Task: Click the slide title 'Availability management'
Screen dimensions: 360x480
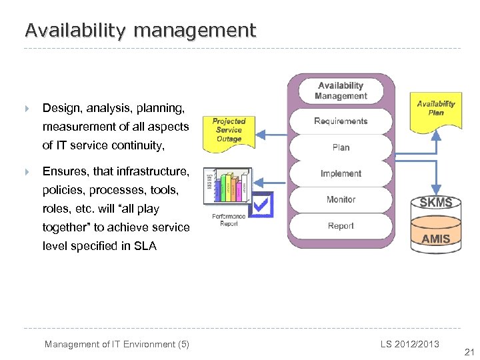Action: pyautogui.click(x=140, y=30)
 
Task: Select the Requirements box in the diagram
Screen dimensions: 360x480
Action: pyautogui.click(x=341, y=121)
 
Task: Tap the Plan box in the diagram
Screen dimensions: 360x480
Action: pyautogui.click(x=341, y=147)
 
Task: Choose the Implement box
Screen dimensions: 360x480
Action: pyautogui.click(x=341, y=173)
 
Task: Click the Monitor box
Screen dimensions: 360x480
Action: pyautogui.click(x=341, y=199)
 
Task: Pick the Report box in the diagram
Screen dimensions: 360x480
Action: pyautogui.click(x=341, y=226)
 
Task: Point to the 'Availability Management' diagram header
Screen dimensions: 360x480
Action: pyautogui.click(x=341, y=91)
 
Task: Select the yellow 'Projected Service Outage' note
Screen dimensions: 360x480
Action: pyautogui.click(x=229, y=130)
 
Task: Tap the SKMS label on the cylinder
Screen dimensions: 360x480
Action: pyautogui.click(x=436, y=203)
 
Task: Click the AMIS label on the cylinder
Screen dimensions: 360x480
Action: pyautogui.click(x=436, y=238)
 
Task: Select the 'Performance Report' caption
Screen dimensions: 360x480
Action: pyautogui.click(x=229, y=219)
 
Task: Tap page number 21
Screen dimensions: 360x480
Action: pyautogui.click(x=468, y=352)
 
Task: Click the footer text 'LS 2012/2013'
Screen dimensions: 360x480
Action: pyautogui.click(x=410, y=343)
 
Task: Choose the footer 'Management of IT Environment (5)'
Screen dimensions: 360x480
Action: pyautogui.click(x=117, y=344)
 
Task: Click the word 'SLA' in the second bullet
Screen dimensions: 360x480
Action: pyautogui.click(x=145, y=246)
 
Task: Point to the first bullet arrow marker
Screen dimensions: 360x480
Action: pyautogui.click(x=27, y=108)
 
